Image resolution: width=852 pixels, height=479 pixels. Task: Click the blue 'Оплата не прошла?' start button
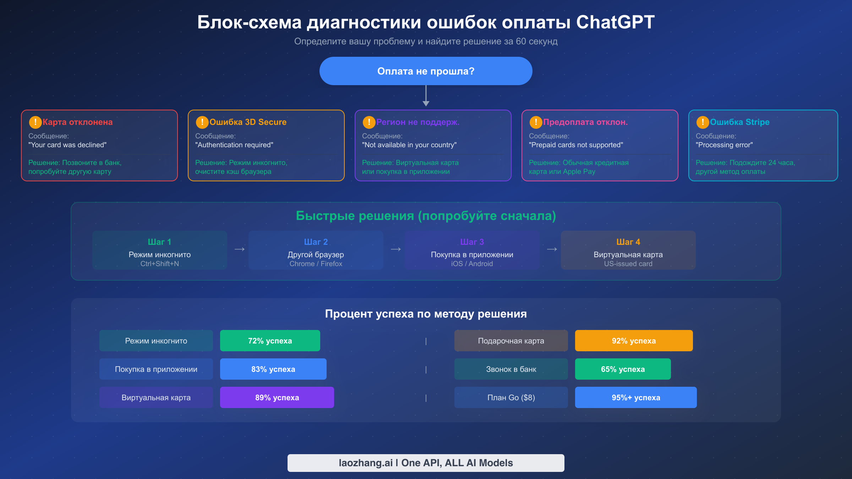click(426, 71)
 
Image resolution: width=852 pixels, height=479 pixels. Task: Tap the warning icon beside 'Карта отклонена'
click(35, 122)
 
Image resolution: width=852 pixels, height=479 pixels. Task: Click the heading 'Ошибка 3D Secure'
click(248, 122)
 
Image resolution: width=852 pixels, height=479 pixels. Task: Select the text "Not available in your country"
click(409, 145)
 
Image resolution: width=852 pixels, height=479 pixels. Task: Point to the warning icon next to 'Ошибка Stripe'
click(703, 122)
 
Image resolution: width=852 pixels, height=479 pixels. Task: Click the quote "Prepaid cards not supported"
click(576, 145)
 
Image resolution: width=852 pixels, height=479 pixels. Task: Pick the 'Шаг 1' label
click(159, 242)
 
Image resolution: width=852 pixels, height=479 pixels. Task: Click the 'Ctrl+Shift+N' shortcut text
click(159, 264)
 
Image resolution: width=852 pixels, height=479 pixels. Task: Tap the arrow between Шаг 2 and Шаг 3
click(395, 249)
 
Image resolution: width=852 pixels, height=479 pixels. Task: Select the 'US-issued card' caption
click(628, 264)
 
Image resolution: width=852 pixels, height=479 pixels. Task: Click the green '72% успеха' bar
click(270, 341)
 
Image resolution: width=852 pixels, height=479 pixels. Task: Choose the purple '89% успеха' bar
click(277, 397)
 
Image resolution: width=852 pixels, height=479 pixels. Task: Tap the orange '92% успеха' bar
click(634, 341)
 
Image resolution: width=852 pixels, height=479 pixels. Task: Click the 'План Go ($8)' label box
click(511, 397)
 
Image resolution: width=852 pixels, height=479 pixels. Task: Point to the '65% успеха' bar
click(623, 369)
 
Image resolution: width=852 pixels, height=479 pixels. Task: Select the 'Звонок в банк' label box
click(511, 369)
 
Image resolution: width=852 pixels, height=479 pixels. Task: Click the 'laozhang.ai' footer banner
click(426, 463)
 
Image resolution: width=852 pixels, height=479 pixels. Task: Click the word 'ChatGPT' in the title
click(615, 22)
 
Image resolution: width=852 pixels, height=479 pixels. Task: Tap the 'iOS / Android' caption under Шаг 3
click(472, 264)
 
